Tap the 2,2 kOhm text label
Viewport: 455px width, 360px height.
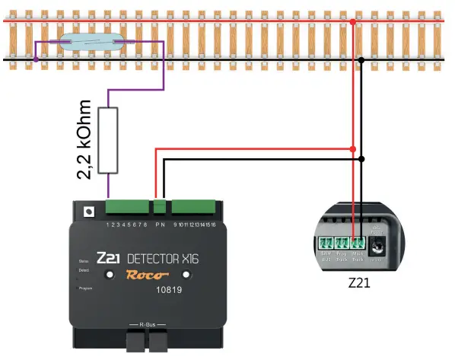click(84, 140)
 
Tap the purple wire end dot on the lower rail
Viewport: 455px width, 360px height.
click(35, 58)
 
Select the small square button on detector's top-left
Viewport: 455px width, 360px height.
click(88, 211)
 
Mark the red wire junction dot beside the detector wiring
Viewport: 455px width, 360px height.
click(352, 148)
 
